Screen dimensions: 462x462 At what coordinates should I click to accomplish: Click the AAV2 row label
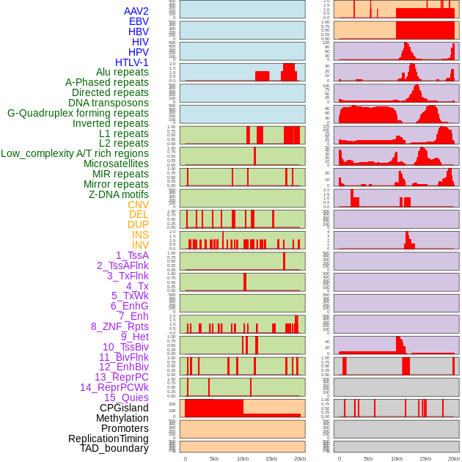pyautogui.click(x=136, y=11)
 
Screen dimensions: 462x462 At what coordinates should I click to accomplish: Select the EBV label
pyautogui.click(x=139, y=21)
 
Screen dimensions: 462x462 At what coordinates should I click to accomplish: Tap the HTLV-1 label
pyautogui.click(x=131, y=62)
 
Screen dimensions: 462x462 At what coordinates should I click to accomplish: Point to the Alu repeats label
pyautogui.click(x=122, y=72)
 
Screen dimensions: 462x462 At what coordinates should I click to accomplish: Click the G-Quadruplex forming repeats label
pyautogui.click(x=78, y=113)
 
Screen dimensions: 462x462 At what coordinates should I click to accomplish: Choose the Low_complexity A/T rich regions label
pyautogui.click(x=75, y=153)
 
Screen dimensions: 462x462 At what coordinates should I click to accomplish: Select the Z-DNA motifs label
pyautogui.click(x=118, y=194)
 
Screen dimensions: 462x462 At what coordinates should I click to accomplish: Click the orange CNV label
pyautogui.click(x=138, y=205)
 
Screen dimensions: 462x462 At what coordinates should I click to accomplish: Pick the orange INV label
pyautogui.click(x=140, y=245)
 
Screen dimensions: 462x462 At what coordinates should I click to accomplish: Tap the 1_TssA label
pyautogui.click(x=132, y=255)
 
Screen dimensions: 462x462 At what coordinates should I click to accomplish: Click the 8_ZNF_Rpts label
pyautogui.click(x=120, y=326)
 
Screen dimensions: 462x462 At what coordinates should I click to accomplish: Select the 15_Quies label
pyautogui.click(x=126, y=397)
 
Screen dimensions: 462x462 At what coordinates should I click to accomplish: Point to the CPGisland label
pyautogui.click(x=124, y=408)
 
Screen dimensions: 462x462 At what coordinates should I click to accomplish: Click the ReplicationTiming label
pyautogui.click(x=108, y=439)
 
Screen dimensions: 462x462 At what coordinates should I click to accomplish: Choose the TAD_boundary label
pyautogui.click(x=114, y=448)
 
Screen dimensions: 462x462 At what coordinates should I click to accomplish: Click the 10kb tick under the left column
pyautogui.click(x=243, y=459)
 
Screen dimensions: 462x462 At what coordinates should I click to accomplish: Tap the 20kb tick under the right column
pyautogui.click(x=454, y=459)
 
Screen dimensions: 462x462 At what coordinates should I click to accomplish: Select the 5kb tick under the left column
pyautogui.click(x=214, y=459)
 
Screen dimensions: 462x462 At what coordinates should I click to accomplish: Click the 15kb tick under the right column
pyautogui.click(x=425, y=459)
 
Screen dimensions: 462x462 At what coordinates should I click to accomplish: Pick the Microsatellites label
pyautogui.click(x=116, y=164)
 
